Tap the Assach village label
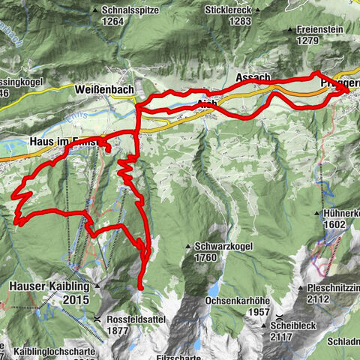click(252, 78)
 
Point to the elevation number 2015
click(76, 299)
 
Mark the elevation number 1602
click(334, 224)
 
